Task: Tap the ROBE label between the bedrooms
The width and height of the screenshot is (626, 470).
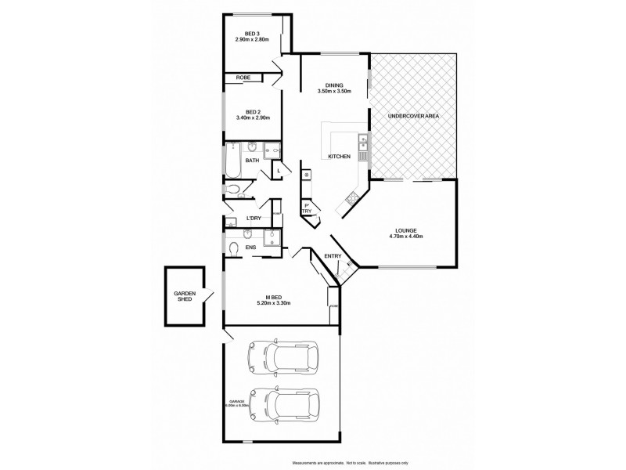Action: [x=243, y=78]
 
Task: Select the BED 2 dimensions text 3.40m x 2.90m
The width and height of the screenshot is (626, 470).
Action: [x=252, y=118]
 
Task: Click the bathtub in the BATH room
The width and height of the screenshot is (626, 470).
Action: [x=233, y=161]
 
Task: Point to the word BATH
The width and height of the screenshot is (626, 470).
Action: [x=252, y=161]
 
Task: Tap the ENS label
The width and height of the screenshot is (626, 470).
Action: [x=250, y=248]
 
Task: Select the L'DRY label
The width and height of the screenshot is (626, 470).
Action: [x=254, y=219]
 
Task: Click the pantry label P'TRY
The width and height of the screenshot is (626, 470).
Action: [x=307, y=209]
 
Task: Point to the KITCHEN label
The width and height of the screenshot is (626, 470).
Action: [x=339, y=157]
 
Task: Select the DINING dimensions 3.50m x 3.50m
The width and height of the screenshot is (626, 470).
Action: [x=335, y=91]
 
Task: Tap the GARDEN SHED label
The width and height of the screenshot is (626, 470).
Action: [x=184, y=297]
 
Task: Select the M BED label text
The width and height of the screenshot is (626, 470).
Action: [x=274, y=298]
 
